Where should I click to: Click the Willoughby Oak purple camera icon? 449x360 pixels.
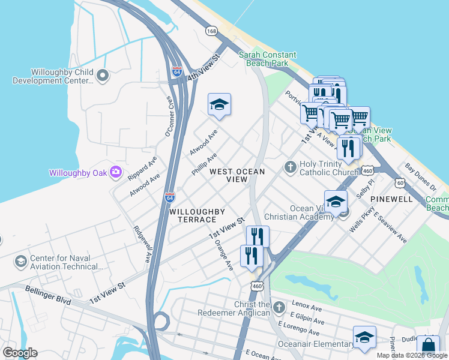pyautogui.click(x=116, y=173)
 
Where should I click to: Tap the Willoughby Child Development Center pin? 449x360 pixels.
pyautogui.click(x=102, y=76)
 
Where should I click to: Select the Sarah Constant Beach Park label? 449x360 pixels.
pyautogui.click(x=264, y=59)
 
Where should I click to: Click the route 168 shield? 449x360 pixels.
pyautogui.click(x=211, y=30)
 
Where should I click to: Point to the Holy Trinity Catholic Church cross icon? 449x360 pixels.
pyautogui.click(x=291, y=166)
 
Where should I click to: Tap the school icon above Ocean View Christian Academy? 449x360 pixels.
pyautogui.click(x=336, y=201)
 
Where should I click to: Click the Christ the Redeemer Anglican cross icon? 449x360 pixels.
pyautogui.click(x=278, y=308)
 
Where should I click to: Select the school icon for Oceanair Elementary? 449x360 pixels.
pyautogui.click(x=364, y=338)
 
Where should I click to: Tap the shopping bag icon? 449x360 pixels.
pyautogui.click(x=428, y=347)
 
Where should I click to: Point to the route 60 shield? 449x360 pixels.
pyautogui.click(x=400, y=182)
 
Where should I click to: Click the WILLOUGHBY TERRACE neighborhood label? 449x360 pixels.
pyautogui.click(x=197, y=215)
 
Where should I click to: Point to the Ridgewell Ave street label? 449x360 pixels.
pyautogui.click(x=143, y=244)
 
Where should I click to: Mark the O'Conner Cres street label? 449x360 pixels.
pyautogui.click(x=170, y=113)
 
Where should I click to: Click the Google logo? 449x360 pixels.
pyautogui.click(x=20, y=353)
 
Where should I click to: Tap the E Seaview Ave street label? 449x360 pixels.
pyautogui.click(x=390, y=227)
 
